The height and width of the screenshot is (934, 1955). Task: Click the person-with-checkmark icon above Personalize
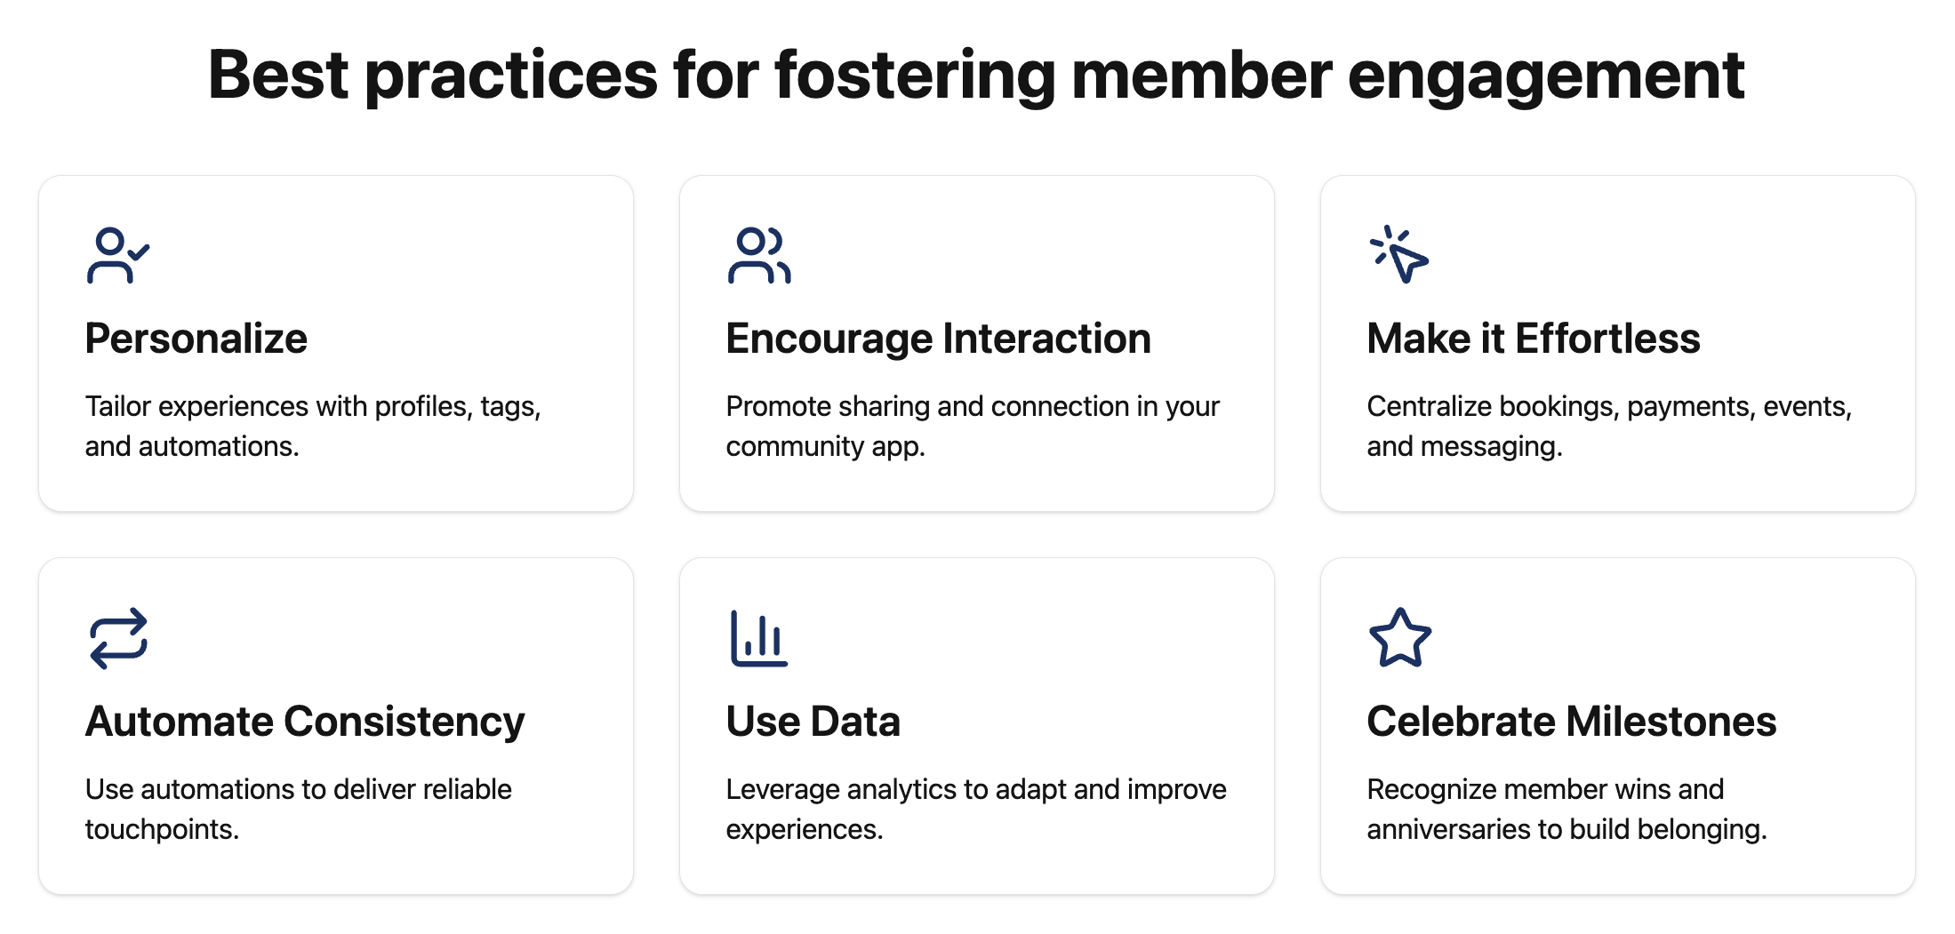118,256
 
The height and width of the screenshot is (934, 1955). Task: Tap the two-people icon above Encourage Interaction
758,256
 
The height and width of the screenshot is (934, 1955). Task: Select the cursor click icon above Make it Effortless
1399,256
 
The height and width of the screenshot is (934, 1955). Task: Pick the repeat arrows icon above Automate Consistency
118,638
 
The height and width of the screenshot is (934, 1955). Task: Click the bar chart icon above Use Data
758,638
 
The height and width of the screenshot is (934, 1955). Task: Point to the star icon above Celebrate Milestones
1400,638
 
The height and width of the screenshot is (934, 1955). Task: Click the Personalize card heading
196,339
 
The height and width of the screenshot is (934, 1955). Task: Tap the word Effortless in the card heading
1606,339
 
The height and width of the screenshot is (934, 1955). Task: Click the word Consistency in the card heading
404,722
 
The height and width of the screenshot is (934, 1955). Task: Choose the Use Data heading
813,722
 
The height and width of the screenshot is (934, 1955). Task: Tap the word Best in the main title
277,76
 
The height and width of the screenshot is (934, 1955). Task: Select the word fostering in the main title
915,76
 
